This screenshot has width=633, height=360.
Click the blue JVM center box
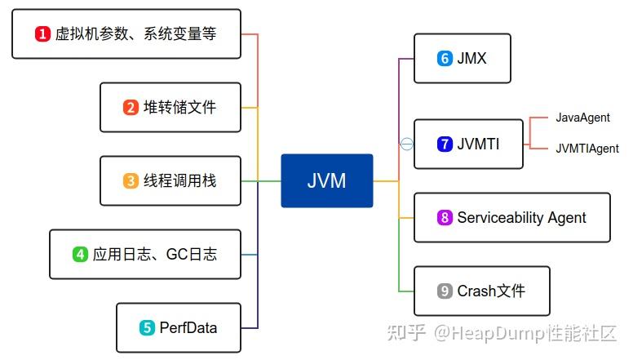click(x=326, y=180)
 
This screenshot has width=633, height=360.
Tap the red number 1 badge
click(x=42, y=33)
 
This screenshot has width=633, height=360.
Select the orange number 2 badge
click(x=131, y=107)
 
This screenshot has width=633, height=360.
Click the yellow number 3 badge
click(x=131, y=180)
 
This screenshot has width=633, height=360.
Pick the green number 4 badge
click(x=80, y=254)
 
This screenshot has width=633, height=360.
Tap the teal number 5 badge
click(x=147, y=327)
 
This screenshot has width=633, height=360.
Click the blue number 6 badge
click(x=445, y=59)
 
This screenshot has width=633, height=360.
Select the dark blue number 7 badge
click(x=445, y=144)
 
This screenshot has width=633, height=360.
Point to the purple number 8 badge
click(x=445, y=217)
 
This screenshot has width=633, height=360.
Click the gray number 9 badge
click(x=445, y=291)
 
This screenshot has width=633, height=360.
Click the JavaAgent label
click(x=582, y=118)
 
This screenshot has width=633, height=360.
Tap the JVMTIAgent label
click(x=587, y=149)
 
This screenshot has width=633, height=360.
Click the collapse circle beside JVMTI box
click(x=406, y=144)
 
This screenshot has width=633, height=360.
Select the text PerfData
click(x=188, y=327)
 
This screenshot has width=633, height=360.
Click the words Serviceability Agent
click(x=521, y=217)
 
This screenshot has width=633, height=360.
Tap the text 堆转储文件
click(x=180, y=107)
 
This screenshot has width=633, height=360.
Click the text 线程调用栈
click(x=180, y=180)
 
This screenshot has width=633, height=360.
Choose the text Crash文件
click(x=491, y=291)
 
